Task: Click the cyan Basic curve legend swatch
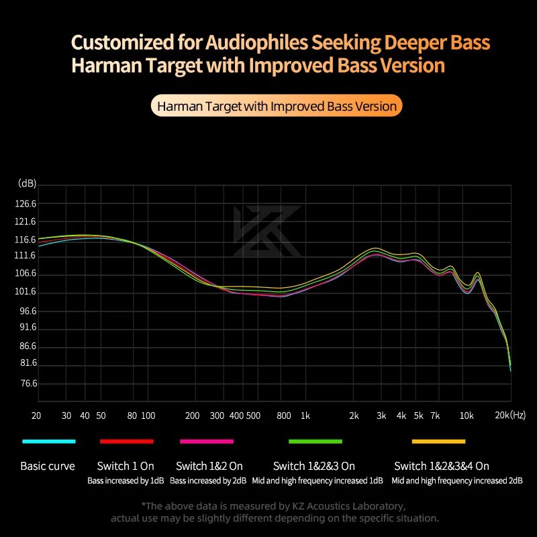click(x=48, y=441)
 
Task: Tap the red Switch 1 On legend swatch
click(x=127, y=441)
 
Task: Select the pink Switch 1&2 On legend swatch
click(x=207, y=441)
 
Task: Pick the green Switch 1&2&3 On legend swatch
click(x=315, y=441)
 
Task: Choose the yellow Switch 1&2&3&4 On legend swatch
click(x=439, y=441)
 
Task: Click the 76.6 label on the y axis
click(x=28, y=384)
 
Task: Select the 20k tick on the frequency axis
click(x=502, y=416)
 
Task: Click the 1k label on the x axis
click(x=305, y=416)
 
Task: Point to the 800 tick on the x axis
click(x=283, y=416)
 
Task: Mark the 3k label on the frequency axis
click(x=381, y=416)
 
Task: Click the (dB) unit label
click(x=28, y=183)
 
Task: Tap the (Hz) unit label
click(x=519, y=416)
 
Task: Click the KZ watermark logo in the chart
click(x=267, y=232)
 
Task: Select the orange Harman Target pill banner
click(x=276, y=106)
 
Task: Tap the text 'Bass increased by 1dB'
click(x=126, y=481)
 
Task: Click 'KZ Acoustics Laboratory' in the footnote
click(x=345, y=505)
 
